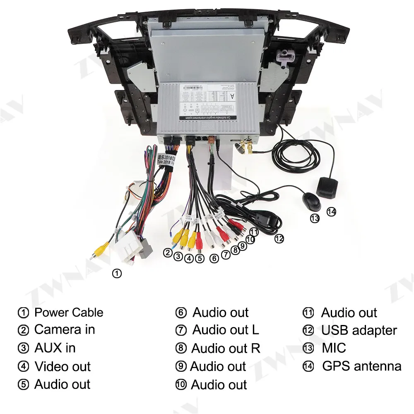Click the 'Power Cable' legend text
[x=69, y=313]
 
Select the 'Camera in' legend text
[x=65, y=330]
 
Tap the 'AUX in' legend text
[x=55, y=348]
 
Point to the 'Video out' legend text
[x=63, y=366]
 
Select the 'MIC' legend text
[x=334, y=348]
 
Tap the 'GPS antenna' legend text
[x=362, y=366]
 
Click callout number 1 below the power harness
[x=117, y=273]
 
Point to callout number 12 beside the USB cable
[x=279, y=238]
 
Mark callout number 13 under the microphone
[x=315, y=218]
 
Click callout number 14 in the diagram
[x=331, y=212]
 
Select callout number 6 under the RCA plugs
[x=214, y=258]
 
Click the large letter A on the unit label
[x=232, y=96]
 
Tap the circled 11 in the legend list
[x=308, y=313]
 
